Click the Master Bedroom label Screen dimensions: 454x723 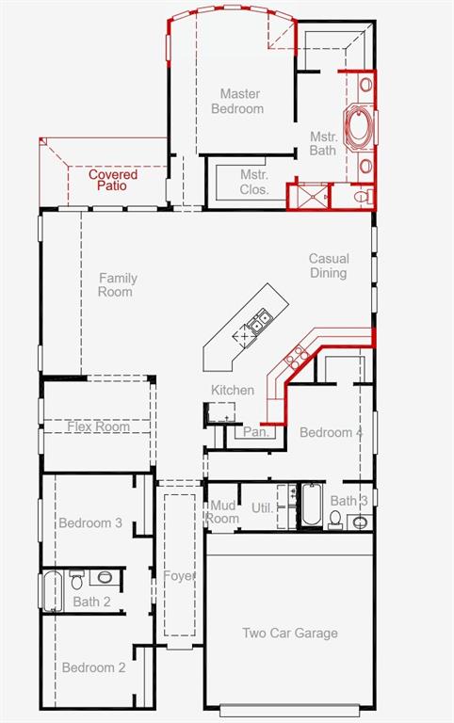tap(237, 102)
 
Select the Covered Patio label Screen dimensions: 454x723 tap(113, 180)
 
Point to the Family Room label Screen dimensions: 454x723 tap(117, 285)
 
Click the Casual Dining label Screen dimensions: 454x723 tap(329, 265)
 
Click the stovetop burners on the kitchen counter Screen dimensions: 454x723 tap(296, 358)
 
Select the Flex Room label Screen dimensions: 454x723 tap(98, 426)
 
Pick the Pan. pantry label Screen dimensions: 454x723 tap(255, 432)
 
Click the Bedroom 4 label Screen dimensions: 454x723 tap(332, 432)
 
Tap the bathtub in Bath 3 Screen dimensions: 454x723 tap(312, 505)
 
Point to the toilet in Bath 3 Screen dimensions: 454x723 tap(335, 519)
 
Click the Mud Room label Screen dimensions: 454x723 tap(223, 512)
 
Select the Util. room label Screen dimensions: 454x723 tap(262, 508)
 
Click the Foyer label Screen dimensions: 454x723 tap(179, 576)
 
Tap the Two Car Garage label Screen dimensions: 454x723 tap(290, 633)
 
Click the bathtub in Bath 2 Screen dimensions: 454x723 tap(52, 590)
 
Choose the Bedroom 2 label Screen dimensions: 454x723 tap(93, 667)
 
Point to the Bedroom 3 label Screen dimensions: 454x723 tap(90, 522)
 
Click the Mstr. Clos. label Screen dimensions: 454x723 tap(254, 182)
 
